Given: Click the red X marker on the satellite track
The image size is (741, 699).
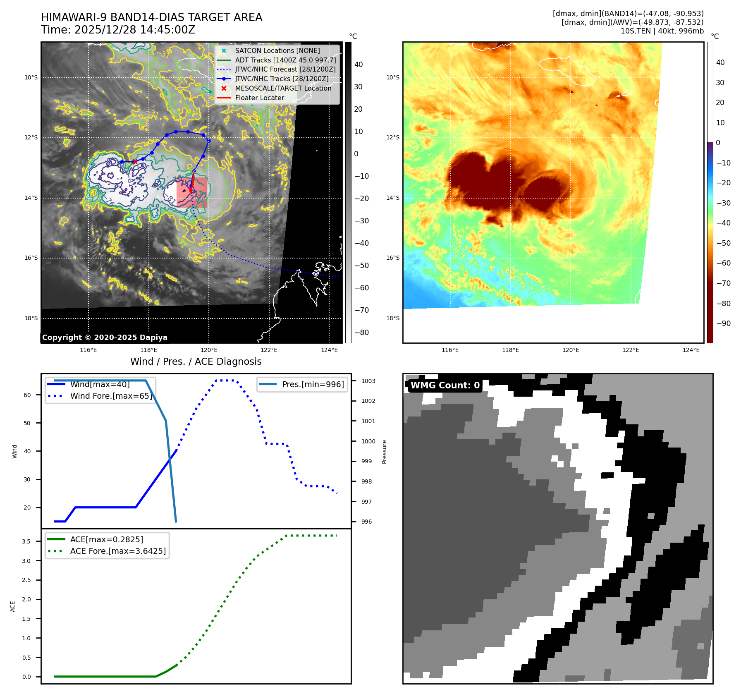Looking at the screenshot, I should click(x=135, y=161).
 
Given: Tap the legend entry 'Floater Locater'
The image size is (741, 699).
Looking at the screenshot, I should click(x=259, y=98).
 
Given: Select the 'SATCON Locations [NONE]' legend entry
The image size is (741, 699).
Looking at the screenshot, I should click(x=277, y=51).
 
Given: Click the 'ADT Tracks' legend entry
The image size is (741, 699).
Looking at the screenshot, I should click(x=285, y=60).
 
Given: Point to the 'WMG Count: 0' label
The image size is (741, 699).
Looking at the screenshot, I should click(x=445, y=385).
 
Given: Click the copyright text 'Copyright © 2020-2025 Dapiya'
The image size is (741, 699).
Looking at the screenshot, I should click(x=105, y=338).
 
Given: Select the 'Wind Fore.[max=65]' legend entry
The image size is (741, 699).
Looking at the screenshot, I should click(x=111, y=396).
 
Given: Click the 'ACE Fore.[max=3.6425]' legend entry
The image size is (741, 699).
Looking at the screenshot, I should click(x=118, y=551).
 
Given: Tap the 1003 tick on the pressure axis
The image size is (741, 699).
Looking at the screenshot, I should click(x=368, y=381).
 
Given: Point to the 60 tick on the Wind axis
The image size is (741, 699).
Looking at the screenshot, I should click(x=27, y=395).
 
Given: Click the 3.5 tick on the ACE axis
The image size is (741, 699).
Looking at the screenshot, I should click(x=26, y=541).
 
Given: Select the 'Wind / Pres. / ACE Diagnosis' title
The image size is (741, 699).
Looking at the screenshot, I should click(x=196, y=361).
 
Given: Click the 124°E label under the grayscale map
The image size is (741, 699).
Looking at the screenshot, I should click(x=329, y=350).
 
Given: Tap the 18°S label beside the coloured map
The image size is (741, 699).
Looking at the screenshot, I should click(x=393, y=318).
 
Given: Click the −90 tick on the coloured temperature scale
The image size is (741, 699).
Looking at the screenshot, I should click(x=723, y=323).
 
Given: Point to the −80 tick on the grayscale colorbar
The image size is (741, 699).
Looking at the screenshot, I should click(x=361, y=333).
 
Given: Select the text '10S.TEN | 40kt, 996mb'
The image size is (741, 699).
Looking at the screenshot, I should click(x=662, y=31).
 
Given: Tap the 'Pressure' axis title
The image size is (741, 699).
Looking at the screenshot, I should click(x=385, y=452).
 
